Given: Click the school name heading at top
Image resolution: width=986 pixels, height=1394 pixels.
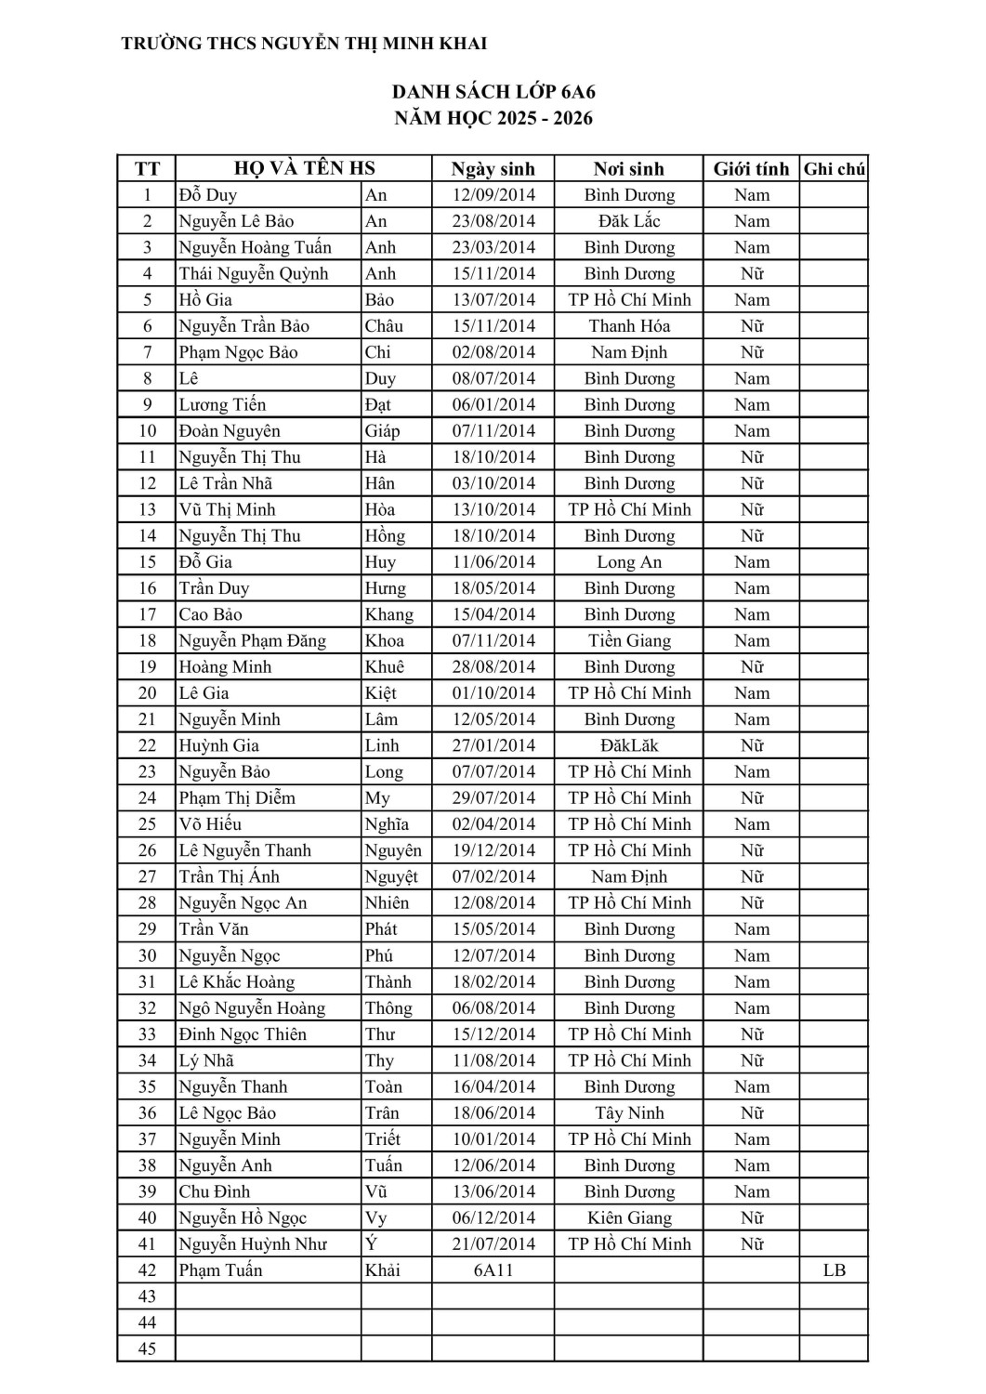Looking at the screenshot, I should point(304,44).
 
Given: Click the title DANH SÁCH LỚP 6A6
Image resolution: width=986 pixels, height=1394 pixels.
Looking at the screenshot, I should point(493,92).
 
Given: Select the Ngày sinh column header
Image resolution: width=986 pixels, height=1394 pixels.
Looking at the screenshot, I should point(493,169).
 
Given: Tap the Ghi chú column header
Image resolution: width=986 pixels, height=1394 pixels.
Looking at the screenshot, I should point(834,169).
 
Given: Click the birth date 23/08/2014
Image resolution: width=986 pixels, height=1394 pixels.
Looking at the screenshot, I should point(493,221).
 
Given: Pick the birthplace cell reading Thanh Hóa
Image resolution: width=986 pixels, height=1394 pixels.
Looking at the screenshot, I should point(629,326).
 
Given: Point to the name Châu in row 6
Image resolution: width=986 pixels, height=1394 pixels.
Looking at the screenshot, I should point(384,326).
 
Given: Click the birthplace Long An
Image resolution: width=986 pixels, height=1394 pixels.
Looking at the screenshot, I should point(629,562).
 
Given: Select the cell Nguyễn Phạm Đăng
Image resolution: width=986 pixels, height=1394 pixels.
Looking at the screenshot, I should point(253,640).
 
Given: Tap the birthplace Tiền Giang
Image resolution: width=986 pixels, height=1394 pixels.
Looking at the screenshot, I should point(629,640).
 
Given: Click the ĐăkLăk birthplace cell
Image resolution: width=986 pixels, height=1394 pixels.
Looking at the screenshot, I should point(629,745).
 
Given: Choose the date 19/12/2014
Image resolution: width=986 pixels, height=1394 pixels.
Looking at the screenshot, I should point(493,850).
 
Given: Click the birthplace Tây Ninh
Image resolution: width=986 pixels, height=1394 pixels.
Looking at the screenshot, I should point(629,1113).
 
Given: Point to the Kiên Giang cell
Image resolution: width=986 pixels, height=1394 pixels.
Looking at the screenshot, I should point(629,1218).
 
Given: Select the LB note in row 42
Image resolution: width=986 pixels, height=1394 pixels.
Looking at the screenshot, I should point(834,1270).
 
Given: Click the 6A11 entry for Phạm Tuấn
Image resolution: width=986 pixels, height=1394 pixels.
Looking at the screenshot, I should point(493,1270).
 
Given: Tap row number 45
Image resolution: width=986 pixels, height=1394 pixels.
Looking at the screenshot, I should point(147,1349).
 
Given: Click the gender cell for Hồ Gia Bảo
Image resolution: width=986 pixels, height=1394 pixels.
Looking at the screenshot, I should point(751,300).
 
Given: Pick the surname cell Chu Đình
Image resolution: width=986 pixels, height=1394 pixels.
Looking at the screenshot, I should point(215,1192).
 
